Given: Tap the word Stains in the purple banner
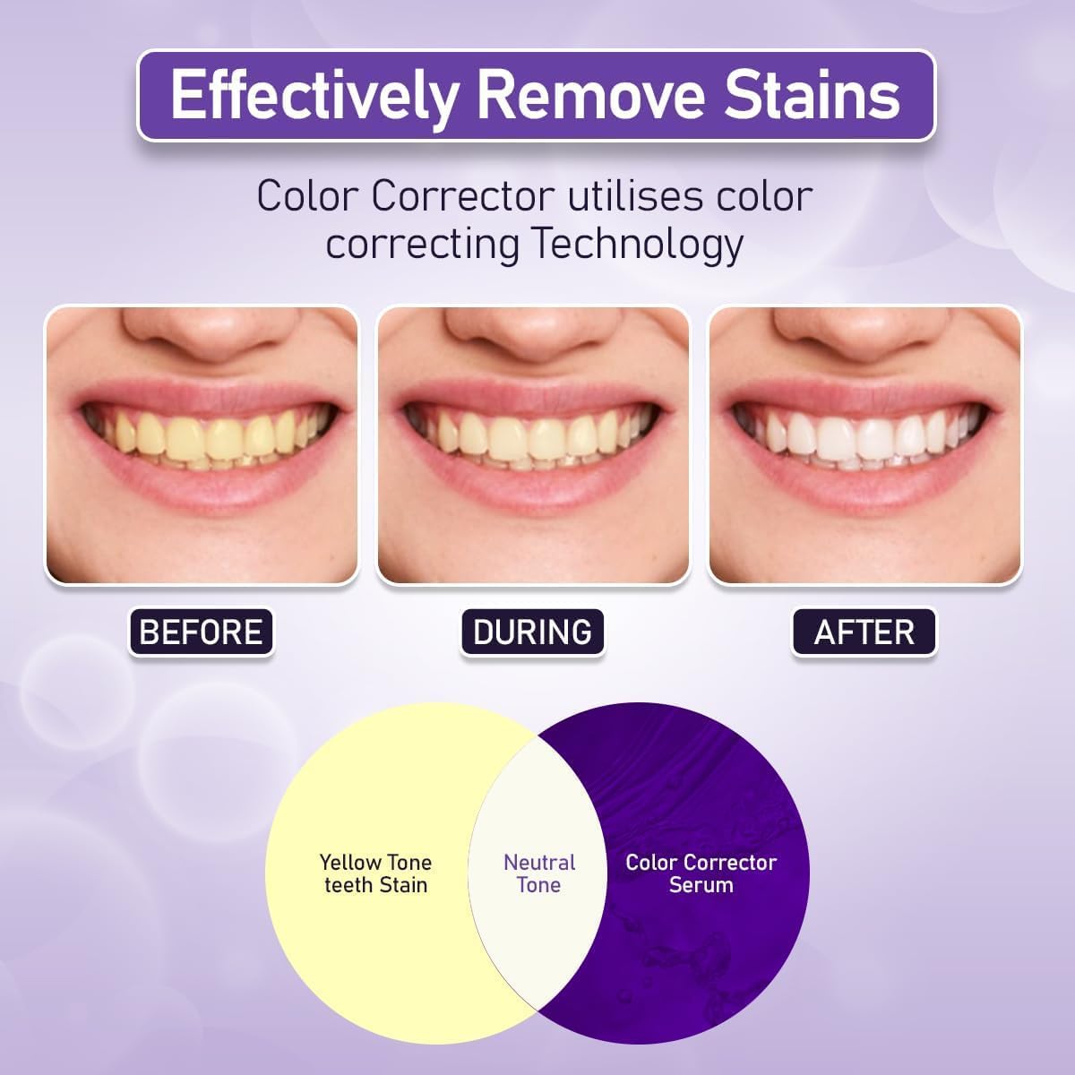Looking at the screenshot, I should coord(812,95).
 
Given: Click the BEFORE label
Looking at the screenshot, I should coord(202,632).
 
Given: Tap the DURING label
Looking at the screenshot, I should coord(532,632).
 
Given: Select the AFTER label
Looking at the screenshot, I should coord(864,632).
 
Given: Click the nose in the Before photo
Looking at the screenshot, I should coord(202,331).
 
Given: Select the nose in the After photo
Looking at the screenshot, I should coord(864,331).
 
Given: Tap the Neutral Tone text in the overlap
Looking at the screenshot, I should coord(539,873).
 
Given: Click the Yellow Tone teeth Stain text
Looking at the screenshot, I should coord(375,873).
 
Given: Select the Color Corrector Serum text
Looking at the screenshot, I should coord(701,873).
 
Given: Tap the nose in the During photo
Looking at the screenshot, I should coord(532,331).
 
